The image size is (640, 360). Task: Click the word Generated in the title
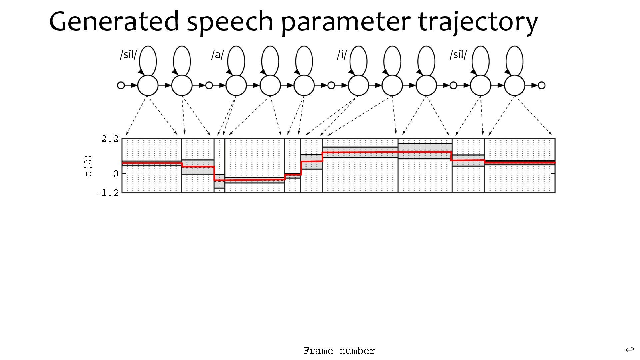tap(114, 22)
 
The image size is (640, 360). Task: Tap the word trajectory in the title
tap(478, 22)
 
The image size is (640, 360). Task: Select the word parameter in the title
tap(346, 22)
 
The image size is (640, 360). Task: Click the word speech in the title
tap(230, 22)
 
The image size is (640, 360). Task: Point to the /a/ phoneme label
tap(217, 54)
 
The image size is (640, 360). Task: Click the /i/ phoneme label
tap(342, 54)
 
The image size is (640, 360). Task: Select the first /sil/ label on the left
tap(128, 54)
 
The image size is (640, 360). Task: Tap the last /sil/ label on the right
tap(458, 54)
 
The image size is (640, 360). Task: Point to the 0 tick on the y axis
tap(115, 174)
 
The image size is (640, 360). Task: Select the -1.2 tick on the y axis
tap(107, 193)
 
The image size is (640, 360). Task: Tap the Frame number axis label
tap(339, 351)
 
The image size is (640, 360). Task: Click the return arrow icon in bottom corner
tap(629, 350)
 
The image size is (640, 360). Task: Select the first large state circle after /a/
tap(236, 85)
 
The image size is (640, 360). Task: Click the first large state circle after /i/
tap(358, 85)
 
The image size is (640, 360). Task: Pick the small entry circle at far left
tap(121, 85)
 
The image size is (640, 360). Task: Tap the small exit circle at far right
tap(542, 85)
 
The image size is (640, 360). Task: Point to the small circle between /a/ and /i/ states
tap(331, 85)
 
